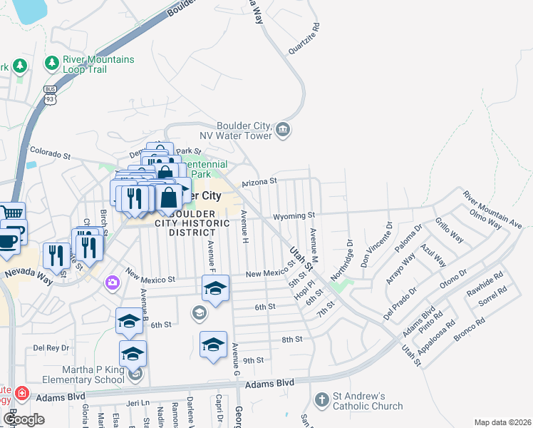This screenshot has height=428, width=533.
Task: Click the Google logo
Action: [24, 419]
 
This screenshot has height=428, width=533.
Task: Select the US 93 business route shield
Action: [49, 93]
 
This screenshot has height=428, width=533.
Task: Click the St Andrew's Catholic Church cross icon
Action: [321, 400]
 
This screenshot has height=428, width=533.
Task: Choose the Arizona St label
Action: [259, 183]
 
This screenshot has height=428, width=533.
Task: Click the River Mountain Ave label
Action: [492, 209]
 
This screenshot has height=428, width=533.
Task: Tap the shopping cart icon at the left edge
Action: [12, 212]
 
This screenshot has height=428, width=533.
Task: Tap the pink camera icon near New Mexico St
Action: [112, 283]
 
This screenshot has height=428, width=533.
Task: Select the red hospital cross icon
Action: [22, 393]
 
